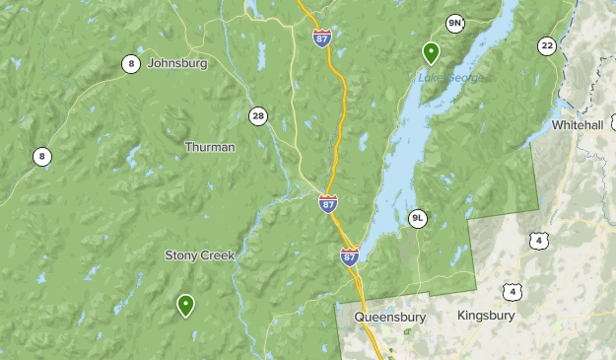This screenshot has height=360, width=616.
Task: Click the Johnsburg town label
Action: pos(177,63)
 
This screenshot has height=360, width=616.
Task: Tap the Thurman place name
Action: pos(210,147)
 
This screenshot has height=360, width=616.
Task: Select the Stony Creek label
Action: pos(199,255)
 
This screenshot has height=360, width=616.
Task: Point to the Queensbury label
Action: pos(389,318)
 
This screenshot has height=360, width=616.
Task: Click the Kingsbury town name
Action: pos(486,316)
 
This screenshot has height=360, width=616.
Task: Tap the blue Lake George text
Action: pos(450,77)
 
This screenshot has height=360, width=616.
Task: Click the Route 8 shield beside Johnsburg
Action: pos(131,64)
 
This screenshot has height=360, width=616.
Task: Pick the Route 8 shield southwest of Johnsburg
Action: pos(41,156)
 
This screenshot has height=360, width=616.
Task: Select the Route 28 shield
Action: pos(258,115)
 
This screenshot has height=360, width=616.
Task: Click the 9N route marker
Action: pos(454,23)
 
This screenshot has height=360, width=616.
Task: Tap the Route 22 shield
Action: pos(547,45)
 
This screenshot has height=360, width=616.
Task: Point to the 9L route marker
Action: pos(418,218)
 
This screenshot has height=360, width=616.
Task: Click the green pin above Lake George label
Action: pos(431,51)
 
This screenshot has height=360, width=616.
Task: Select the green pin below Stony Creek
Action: pos(185,305)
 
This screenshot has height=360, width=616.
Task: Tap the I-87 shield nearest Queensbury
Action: pos(350,255)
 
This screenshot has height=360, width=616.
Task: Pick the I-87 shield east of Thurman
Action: pos(328,203)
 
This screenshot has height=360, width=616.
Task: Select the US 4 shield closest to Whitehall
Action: pos(537,240)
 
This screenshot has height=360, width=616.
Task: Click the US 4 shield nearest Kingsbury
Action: pos(510,290)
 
